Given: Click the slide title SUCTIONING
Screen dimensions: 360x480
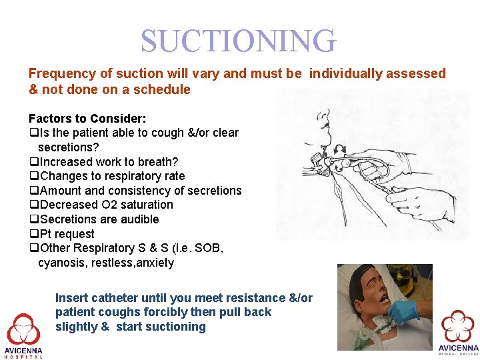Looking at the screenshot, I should pos(238,41).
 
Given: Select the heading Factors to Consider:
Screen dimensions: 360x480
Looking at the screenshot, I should pos(87,119).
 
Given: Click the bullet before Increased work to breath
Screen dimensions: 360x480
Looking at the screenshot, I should pos(33,162).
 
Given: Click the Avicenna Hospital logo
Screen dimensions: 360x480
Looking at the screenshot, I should pos(23,333).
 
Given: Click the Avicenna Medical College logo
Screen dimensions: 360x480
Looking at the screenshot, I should pos(458,330).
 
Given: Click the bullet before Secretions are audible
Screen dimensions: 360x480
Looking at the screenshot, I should pos(33,219).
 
